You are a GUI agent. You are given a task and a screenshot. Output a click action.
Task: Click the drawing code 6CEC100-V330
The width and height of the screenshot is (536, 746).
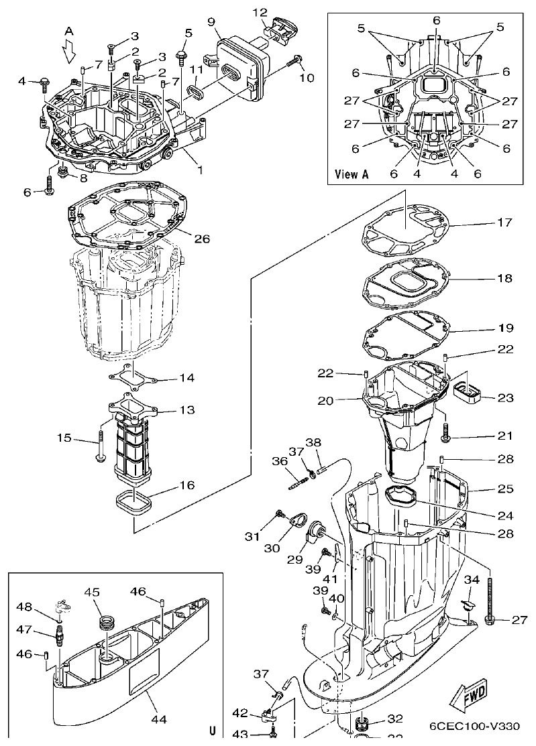click(x=475, y=726)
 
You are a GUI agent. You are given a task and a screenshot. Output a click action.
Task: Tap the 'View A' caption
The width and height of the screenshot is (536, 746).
click(x=352, y=174)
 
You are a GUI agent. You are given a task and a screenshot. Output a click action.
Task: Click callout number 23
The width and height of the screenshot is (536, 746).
click(x=505, y=397)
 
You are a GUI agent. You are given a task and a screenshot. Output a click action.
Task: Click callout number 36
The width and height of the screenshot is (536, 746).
click(x=279, y=462)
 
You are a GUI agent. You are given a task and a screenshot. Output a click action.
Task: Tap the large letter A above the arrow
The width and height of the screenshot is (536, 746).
click(x=69, y=31)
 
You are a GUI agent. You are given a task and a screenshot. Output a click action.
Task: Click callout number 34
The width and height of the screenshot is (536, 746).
click(x=472, y=579)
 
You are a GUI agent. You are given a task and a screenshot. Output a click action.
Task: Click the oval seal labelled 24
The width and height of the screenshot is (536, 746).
click(x=400, y=497)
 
